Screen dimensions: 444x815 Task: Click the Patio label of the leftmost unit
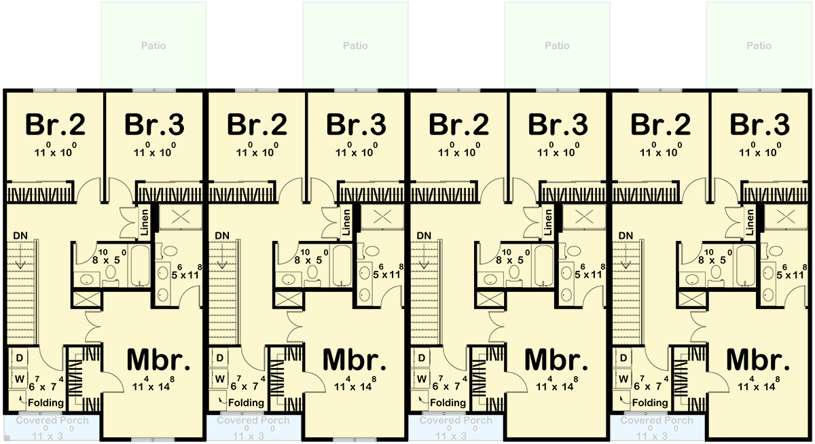coord(153,46)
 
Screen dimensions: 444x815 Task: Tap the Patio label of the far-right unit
coord(759,46)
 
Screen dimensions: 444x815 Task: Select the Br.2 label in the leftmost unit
coord(55,125)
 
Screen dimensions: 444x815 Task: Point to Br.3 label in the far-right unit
coord(760,125)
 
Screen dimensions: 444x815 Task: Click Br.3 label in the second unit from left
coord(356,125)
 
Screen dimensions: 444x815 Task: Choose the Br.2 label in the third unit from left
coord(458,125)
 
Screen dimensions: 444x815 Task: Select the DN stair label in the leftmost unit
coord(21,236)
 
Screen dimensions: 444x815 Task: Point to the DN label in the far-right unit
coord(626,236)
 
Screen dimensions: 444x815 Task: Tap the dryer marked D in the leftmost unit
coord(19,358)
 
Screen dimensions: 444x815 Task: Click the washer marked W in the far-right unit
coord(624,377)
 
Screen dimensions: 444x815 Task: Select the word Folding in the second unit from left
coord(246,403)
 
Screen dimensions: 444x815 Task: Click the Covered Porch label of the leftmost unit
coord(52,420)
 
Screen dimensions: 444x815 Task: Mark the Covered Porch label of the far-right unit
coord(657,420)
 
